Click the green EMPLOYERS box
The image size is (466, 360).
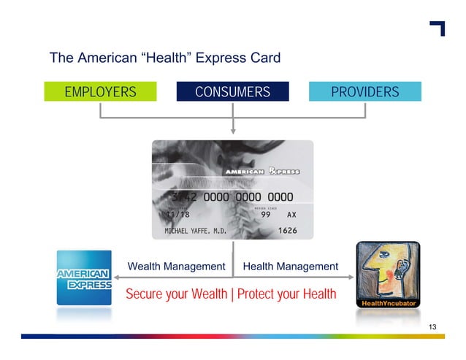(x=100, y=92)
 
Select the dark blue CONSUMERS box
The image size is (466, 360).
(x=232, y=92)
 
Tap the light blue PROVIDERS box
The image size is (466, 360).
(x=364, y=92)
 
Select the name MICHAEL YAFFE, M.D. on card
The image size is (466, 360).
(x=195, y=231)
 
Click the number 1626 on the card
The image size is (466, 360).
(x=279, y=231)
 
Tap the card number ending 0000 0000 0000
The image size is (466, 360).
(x=232, y=197)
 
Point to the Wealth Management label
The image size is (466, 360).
(x=176, y=267)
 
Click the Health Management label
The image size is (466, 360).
(x=290, y=267)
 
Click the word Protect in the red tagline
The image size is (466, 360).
(x=257, y=294)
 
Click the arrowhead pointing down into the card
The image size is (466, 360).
(x=233, y=131)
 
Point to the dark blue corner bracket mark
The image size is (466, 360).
(x=438, y=28)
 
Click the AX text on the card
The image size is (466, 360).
(x=291, y=215)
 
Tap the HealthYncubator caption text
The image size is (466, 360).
(x=387, y=303)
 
